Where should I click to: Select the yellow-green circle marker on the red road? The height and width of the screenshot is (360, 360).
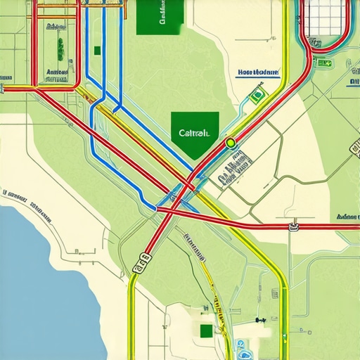tap(230, 143)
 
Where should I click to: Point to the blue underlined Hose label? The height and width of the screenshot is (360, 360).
tap(258, 72)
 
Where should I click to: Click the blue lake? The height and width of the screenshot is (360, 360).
tap(42, 281)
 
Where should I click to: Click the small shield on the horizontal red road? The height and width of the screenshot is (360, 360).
tap(293, 226)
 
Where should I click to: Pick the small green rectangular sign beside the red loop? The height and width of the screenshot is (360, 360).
tap(324, 63)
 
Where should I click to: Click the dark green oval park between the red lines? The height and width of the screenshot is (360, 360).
tap(60, 49)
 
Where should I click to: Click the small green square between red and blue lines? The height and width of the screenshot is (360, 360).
tap(97, 50)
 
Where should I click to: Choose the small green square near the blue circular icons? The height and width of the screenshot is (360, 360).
tap(205, 331)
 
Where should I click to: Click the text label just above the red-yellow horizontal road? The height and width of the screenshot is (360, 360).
tap(56, 72)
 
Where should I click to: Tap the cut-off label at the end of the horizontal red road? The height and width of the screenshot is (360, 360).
tap(347, 217)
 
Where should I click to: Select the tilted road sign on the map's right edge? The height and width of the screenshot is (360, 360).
tap(353, 146)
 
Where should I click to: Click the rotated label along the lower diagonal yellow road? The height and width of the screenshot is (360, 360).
tap(192, 244)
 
